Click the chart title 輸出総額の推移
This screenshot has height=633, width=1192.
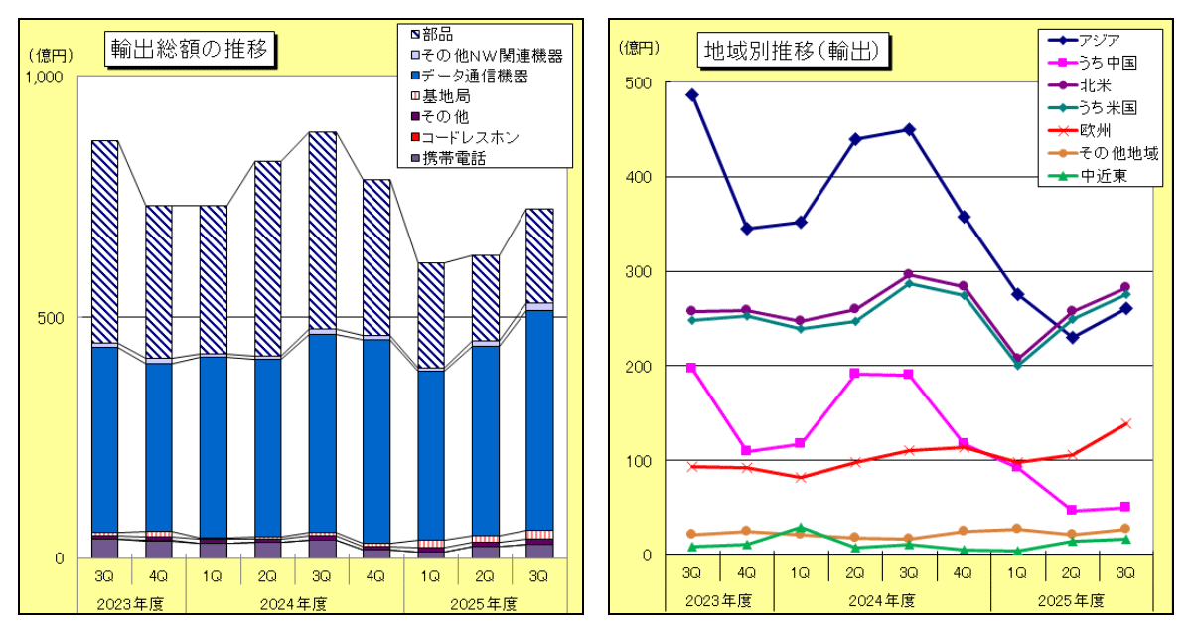pyautogui.click(x=190, y=48)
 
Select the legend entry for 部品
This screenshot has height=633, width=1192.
pyautogui.click(x=437, y=35)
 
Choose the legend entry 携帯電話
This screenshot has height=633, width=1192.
pyautogui.click(x=453, y=157)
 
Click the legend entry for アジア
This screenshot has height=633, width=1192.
pyautogui.click(x=1099, y=40)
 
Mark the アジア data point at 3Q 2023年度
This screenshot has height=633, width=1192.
pyautogui.click(x=691, y=95)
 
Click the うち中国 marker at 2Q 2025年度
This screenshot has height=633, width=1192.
pyautogui.click(x=1072, y=511)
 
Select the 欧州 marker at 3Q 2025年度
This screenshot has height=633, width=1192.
pyautogui.click(x=1125, y=424)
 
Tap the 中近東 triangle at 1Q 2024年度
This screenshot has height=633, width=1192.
pyautogui.click(x=801, y=528)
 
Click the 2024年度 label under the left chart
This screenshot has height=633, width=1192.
pyautogui.click(x=295, y=604)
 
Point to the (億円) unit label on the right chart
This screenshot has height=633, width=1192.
pyautogui.click(x=638, y=49)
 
